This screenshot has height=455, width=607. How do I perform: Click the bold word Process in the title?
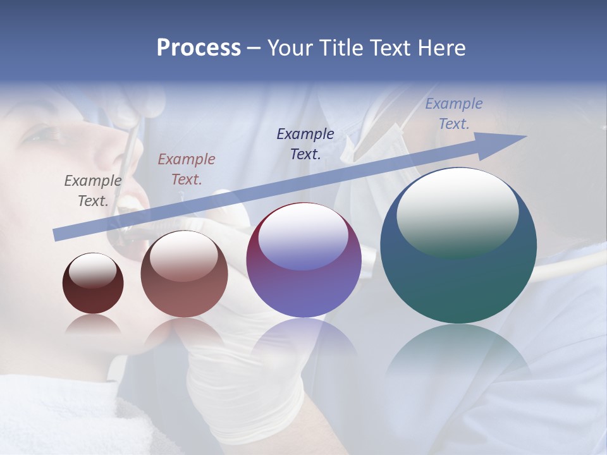199,48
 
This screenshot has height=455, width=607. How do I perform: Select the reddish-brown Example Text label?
187,169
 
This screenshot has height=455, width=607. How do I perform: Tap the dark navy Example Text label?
305,143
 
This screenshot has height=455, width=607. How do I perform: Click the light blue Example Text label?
454,114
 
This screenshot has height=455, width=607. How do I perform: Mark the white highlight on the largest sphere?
457,212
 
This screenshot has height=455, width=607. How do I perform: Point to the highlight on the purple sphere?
303,237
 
